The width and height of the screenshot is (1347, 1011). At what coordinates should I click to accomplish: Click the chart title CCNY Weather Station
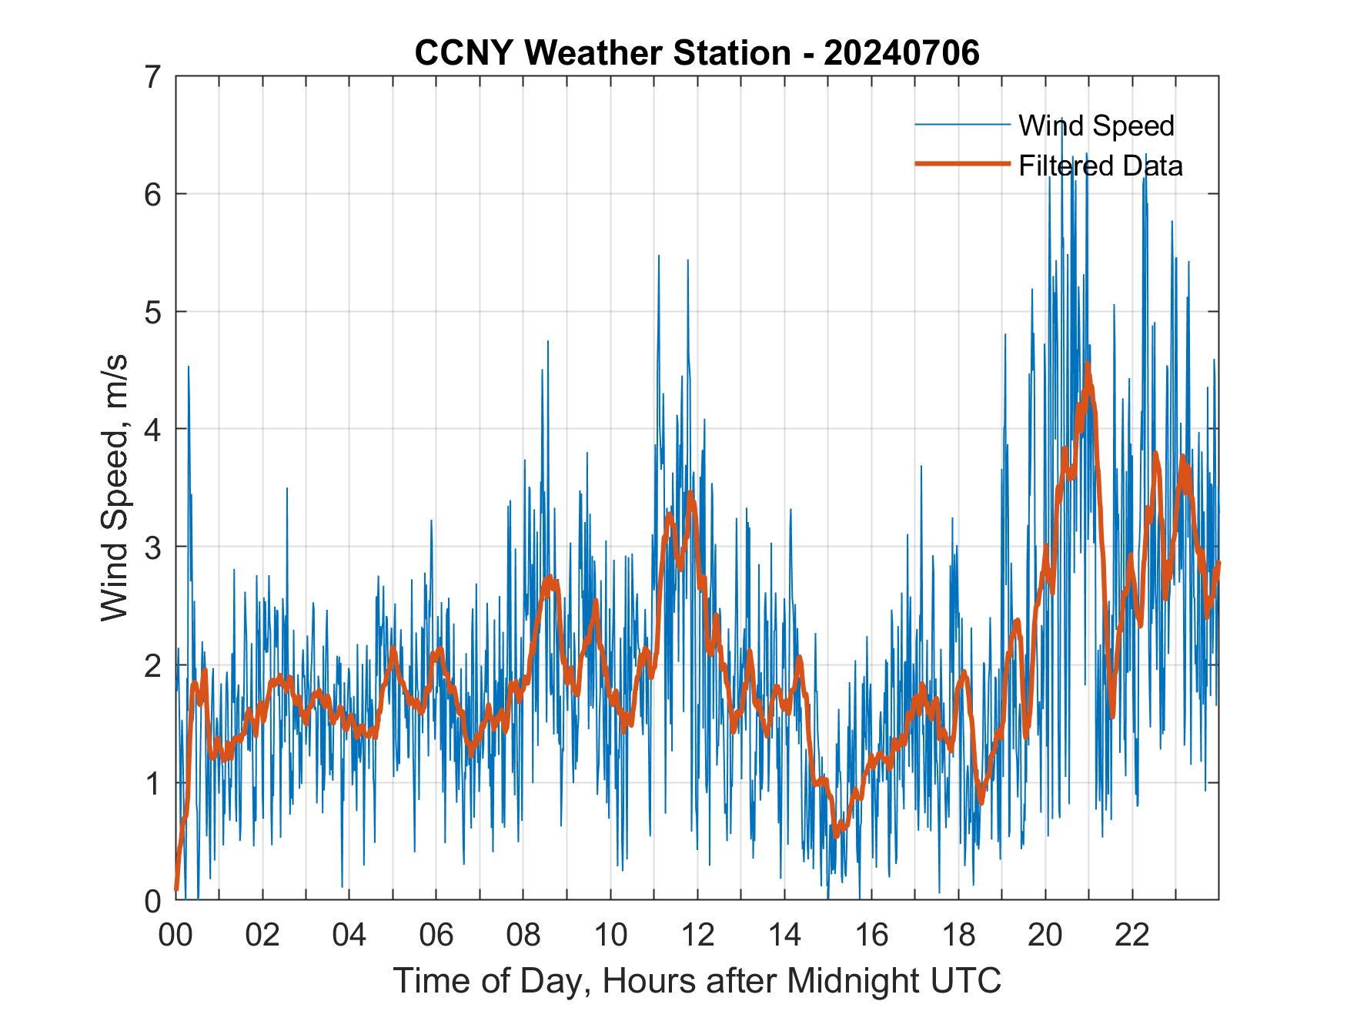pyautogui.click(x=602, y=53)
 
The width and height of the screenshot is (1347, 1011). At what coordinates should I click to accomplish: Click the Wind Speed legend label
pyautogui.click(x=1096, y=126)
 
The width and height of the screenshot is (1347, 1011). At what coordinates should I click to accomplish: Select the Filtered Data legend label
pyautogui.click(x=1100, y=166)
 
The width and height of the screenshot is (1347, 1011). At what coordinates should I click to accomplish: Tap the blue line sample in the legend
pyautogui.click(x=962, y=125)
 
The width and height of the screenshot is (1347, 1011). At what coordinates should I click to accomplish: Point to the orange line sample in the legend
pyautogui.click(x=962, y=164)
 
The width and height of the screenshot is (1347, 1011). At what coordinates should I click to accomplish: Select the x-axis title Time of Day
pyautogui.click(x=697, y=980)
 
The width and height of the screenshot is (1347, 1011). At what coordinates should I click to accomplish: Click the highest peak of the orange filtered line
pyautogui.click(x=1088, y=364)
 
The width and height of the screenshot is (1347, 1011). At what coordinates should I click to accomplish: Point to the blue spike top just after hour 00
pyautogui.click(x=188, y=367)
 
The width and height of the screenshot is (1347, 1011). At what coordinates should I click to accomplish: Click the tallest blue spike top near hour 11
pyautogui.click(x=659, y=256)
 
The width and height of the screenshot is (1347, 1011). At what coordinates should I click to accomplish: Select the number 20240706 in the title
pyautogui.click(x=901, y=53)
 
